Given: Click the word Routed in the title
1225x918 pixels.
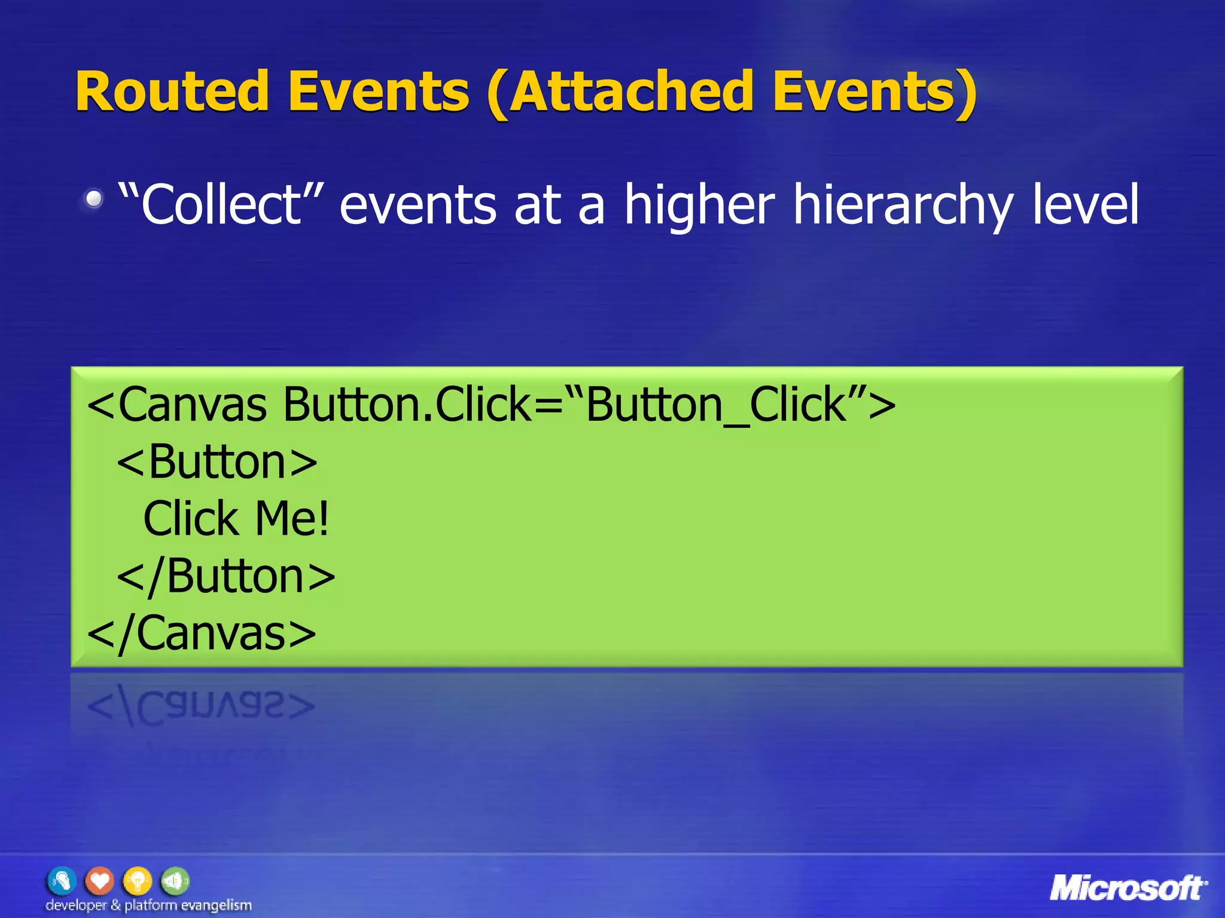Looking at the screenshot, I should click(x=172, y=91).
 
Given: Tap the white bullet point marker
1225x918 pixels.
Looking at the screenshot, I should click(x=93, y=198).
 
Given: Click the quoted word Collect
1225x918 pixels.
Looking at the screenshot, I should click(x=221, y=204).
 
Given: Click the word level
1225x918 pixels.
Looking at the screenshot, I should click(x=1086, y=204).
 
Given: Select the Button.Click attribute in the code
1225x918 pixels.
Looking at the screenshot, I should click(x=407, y=405).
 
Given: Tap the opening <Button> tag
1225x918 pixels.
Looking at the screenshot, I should click(x=217, y=462).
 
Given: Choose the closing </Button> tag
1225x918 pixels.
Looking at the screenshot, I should click(x=226, y=576).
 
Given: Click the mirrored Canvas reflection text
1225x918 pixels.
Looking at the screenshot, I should click(x=201, y=706).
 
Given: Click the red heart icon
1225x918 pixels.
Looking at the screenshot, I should click(x=100, y=881).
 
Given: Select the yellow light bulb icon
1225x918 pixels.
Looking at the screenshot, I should click(x=138, y=881).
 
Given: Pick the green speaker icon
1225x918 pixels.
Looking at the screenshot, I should click(x=175, y=881).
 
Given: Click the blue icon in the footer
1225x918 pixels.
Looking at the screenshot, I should click(x=62, y=881).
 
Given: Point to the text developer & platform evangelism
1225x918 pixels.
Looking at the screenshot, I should click(x=148, y=905).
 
